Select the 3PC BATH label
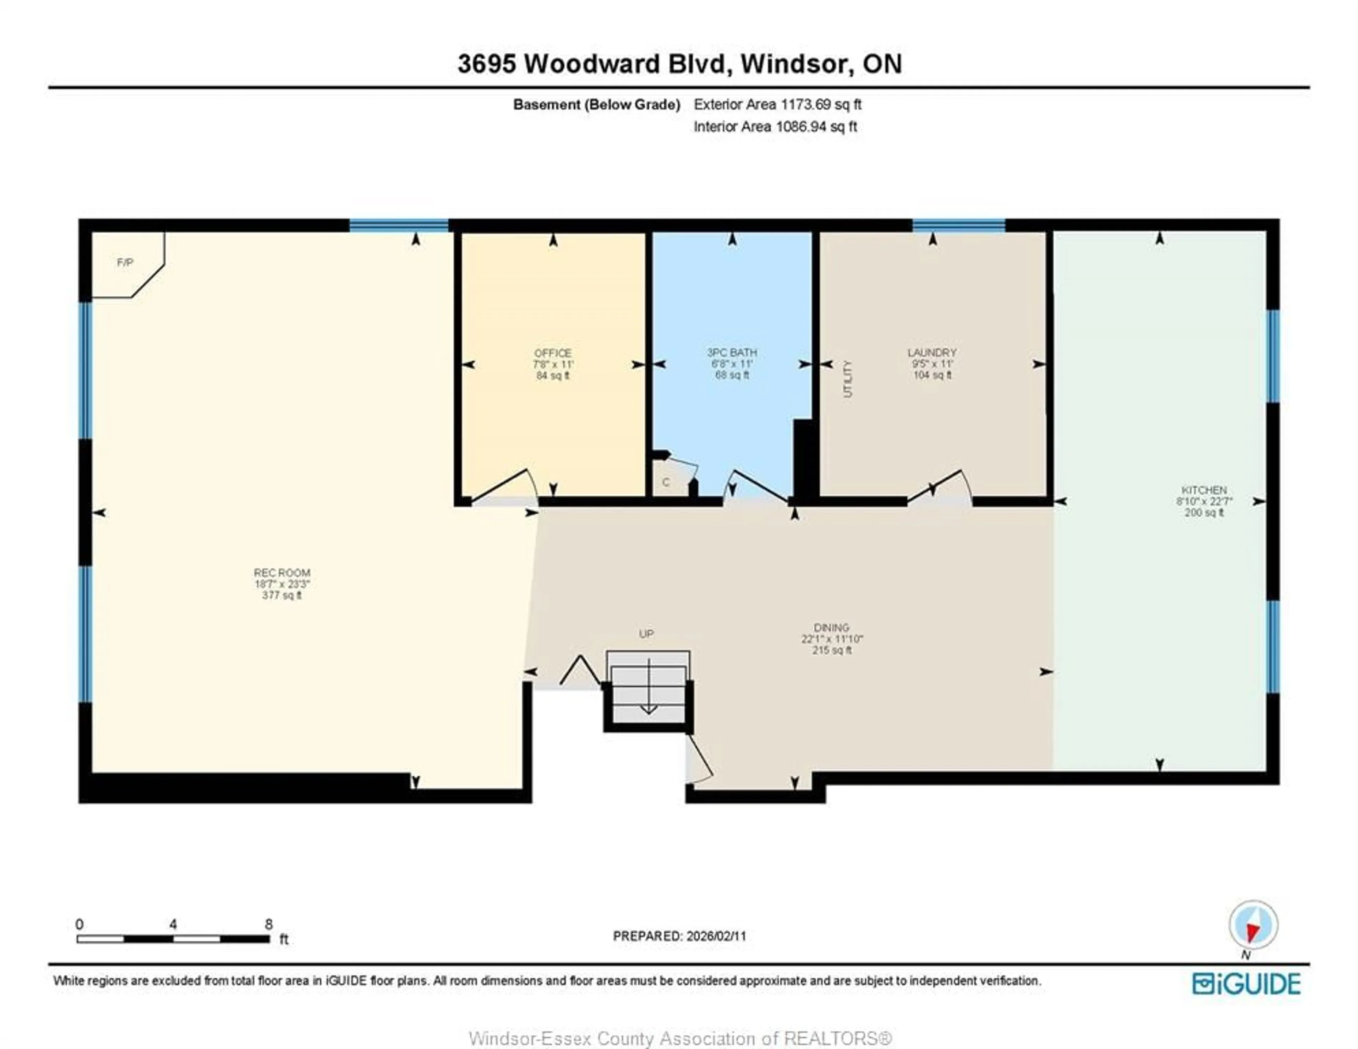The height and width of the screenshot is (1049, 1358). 732,352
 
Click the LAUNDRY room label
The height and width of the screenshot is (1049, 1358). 932,352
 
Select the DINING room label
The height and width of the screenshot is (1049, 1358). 831,628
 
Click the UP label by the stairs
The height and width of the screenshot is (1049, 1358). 646,634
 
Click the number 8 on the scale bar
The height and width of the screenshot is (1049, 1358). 269,924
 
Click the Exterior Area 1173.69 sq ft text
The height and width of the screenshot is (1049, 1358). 777,104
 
